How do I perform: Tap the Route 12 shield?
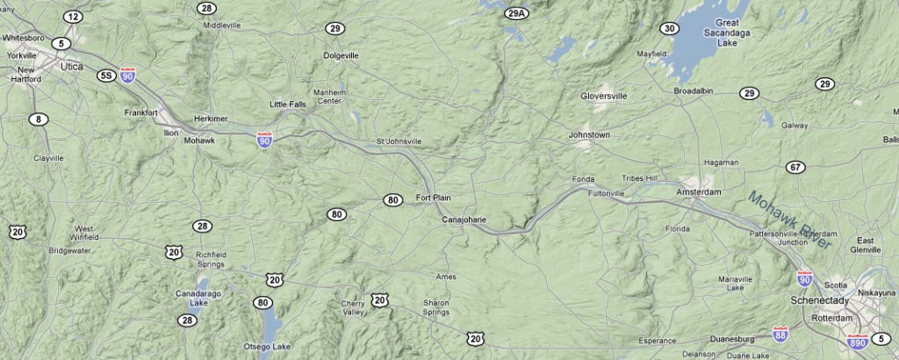point(73,17)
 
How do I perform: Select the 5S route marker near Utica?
point(106,76)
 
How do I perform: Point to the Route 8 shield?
point(39,119)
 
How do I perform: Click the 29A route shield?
point(518,12)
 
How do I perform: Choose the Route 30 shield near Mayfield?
point(671,29)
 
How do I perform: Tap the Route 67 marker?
point(795,168)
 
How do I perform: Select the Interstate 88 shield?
point(780,333)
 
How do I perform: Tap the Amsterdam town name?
point(698,191)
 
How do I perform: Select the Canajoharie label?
point(463,219)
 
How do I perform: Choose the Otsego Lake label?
point(269,347)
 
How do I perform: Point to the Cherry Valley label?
point(353,308)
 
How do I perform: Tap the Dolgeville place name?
point(341,55)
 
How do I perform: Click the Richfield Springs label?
point(211,259)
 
